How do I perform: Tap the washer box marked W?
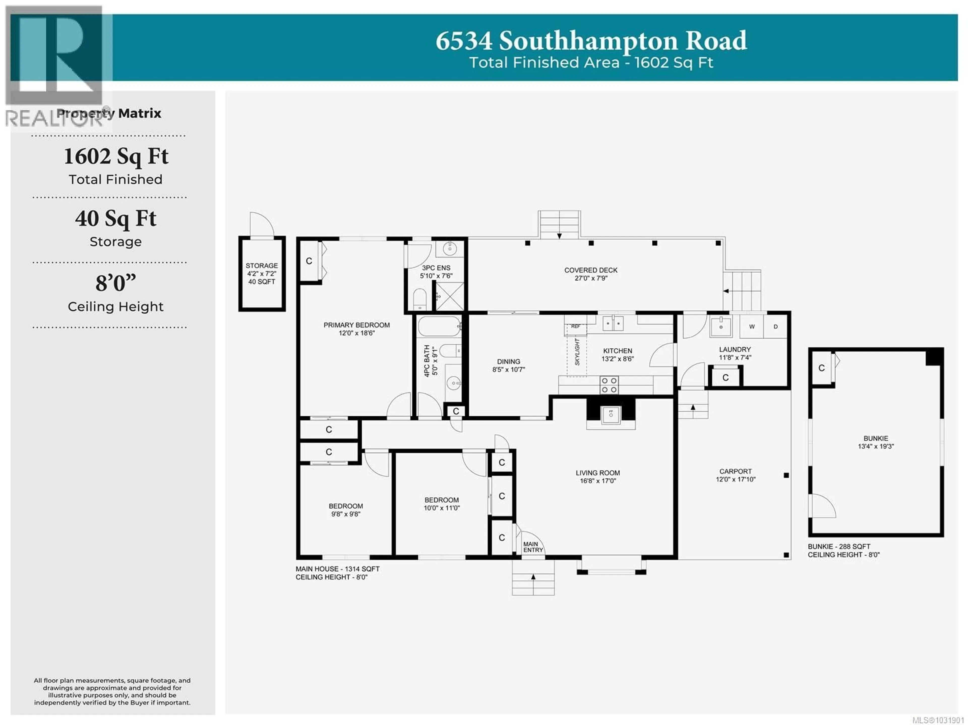click(x=751, y=327)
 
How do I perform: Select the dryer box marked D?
click(x=775, y=327)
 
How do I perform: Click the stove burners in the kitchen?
click(x=609, y=385)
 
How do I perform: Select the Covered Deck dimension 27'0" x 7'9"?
click(x=591, y=278)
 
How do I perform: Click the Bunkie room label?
click(x=876, y=438)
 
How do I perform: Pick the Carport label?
click(x=735, y=471)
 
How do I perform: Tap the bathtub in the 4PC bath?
click(x=439, y=326)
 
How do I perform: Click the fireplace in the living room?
click(x=611, y=414)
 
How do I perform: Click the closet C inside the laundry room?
click(x=725, y=377)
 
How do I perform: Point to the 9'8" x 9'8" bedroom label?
click(x=346, y=510)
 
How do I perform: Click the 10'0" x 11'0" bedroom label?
click(x=442, y=504)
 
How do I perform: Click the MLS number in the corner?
click(x=941, y=720)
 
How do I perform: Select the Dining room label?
click(x=508, y=362)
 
